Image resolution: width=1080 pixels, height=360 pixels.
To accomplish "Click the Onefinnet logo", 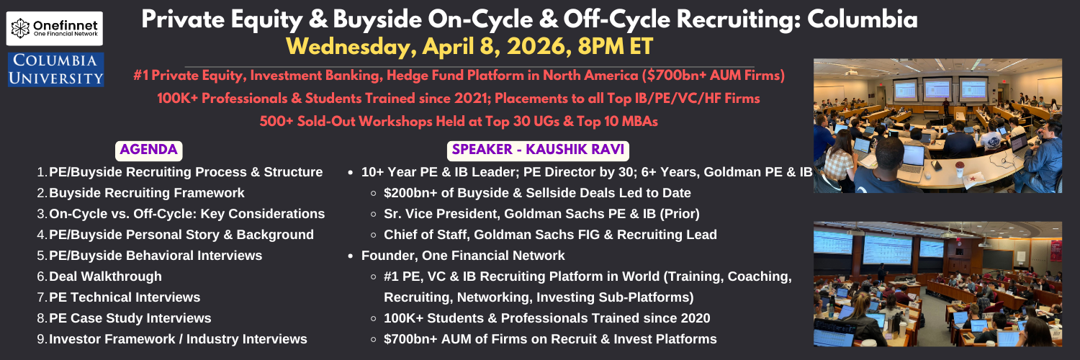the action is coord(55,28).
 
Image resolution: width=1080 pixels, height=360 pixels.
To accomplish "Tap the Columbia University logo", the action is coord(56,69).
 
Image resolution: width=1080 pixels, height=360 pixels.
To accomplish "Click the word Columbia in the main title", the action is coord(862,19).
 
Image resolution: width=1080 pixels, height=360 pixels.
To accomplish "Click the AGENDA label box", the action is coord(148,150).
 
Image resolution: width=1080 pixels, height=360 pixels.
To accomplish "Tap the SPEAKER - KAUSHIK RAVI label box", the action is coord(538,150).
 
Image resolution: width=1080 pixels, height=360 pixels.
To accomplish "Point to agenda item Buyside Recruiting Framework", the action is coord(147,193).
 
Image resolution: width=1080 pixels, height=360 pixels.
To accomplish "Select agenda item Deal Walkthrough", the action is coord(105,276).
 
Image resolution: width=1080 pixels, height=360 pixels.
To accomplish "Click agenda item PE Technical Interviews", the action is coord(125,297).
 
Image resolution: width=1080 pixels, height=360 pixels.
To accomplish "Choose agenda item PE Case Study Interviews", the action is coord(130,318).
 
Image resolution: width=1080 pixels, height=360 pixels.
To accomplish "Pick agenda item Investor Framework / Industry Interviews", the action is coord(178,339).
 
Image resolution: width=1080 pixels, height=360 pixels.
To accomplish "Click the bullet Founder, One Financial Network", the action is coord(463,256).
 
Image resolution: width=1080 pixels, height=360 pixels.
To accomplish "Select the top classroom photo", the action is coord(937,126).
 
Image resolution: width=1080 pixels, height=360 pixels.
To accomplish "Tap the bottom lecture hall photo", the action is coord(937,284).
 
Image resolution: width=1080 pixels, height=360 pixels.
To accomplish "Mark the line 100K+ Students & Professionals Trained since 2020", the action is coord(546,318).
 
